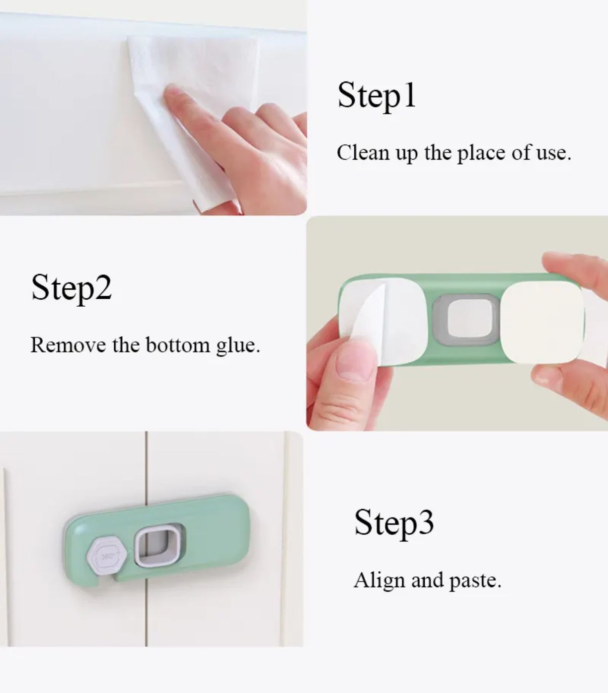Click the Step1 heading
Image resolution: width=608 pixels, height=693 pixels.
[377, 95]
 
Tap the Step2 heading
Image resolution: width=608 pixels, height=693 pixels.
[72, 288]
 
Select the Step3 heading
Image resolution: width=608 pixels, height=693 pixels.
[394, 523]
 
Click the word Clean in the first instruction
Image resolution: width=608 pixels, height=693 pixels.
[363, 153]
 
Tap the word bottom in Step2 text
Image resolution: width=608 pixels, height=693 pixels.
[178, 345]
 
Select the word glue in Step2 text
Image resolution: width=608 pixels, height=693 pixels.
[235, 346]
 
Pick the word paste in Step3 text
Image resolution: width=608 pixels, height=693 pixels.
[472, 582]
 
